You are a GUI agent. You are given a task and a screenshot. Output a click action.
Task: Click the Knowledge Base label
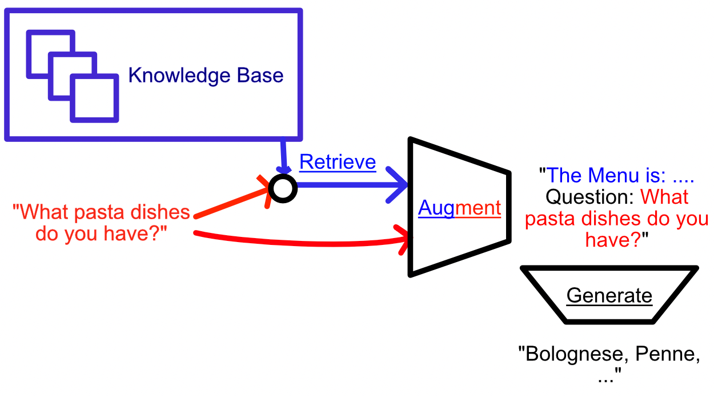206,76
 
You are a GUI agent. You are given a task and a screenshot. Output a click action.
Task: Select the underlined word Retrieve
338,163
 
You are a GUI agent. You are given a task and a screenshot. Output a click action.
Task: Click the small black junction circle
283,188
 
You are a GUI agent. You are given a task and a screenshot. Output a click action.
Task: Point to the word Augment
459,208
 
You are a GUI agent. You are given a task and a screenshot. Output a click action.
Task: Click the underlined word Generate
609,296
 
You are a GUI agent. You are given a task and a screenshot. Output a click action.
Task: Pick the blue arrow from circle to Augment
348,185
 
